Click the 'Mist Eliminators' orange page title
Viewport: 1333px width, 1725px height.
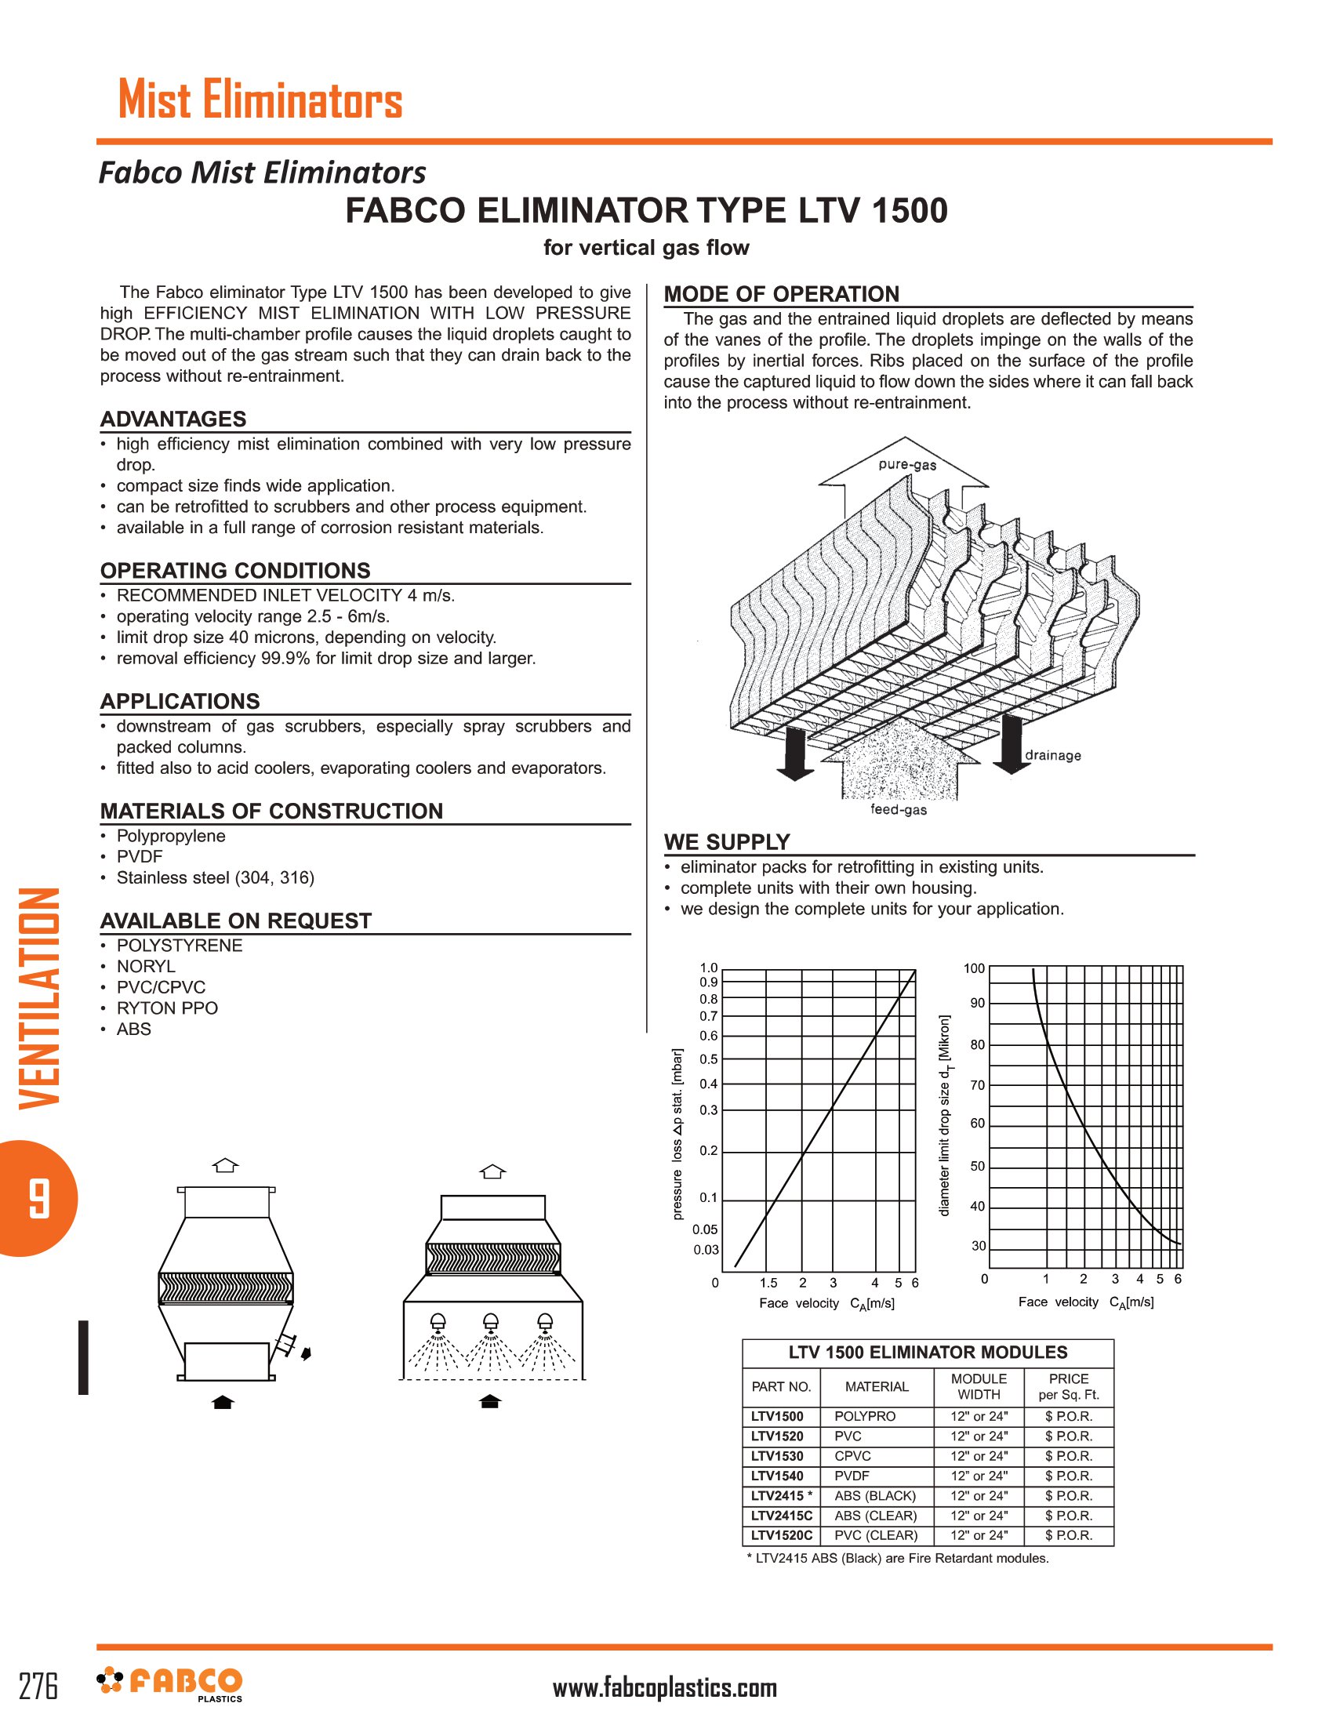tap(260, 100)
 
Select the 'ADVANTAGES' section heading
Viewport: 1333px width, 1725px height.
tap(173, 419)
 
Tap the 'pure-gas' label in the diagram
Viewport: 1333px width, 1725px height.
tap(906, 464)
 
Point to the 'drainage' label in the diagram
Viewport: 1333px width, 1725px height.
tap(1052, 755)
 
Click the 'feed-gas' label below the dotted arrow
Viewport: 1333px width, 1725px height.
tap(898, 810)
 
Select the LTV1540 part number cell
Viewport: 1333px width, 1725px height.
tap(777, 1476)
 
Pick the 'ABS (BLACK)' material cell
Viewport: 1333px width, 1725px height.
tap(875, 1495)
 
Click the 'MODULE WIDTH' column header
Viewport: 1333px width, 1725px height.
tap(979, 1386)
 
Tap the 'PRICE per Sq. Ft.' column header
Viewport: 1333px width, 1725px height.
tap(1069, 1386)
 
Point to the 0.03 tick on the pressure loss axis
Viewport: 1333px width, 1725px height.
tap(706, 1250)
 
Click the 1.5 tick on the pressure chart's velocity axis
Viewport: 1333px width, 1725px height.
tap(768, 1283)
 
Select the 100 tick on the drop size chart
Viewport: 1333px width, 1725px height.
tap(974, 968)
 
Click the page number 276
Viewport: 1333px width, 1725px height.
tap(38, 1687)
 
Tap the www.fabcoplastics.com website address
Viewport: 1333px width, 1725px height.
tap(665, 1688)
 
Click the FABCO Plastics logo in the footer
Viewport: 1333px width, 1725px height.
tap(170, 1684)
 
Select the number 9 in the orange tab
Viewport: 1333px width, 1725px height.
tap(38, 1198)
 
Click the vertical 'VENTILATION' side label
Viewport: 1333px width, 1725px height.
tap(39, 998)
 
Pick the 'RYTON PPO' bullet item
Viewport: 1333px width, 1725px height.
tap(166, 1008)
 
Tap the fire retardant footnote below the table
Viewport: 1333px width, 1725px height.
tap(898, 1558)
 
